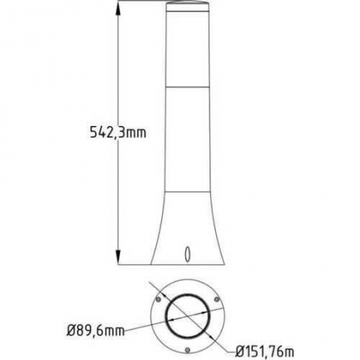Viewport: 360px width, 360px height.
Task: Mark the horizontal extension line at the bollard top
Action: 139,3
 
